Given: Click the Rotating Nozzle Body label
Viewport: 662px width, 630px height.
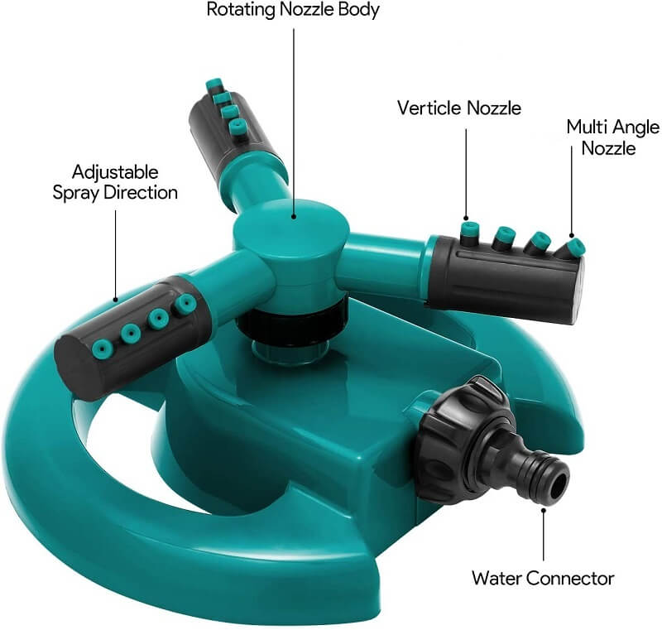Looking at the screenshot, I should pos(293,11).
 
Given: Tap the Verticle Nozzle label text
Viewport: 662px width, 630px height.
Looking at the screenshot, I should pos(459,108).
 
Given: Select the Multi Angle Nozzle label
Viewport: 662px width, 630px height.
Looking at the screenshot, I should pos(612,137).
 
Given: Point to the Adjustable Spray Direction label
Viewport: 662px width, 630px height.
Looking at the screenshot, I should pos(115,182).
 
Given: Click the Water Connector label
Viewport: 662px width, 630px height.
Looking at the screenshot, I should pos(543,578).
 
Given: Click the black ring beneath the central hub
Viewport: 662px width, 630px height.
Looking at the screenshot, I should pos(290,319).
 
